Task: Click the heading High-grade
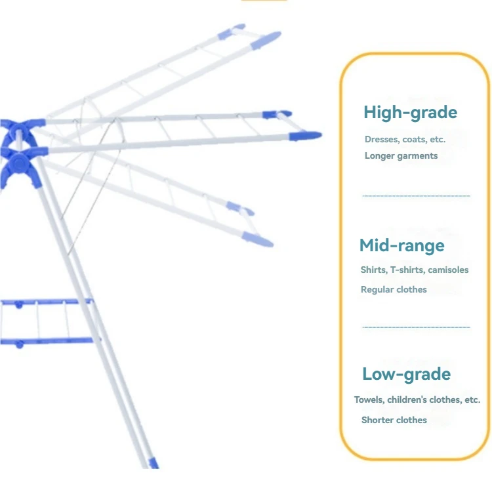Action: point(410,113)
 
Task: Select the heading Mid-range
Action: point(401,246)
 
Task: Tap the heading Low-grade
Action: point(406,375)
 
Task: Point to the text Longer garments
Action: point(401,155)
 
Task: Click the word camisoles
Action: point(448,270)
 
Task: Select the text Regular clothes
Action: point(394,289)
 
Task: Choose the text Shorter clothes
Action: point(394,420)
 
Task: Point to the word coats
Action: point(415,139)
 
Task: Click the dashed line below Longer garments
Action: point(416,195)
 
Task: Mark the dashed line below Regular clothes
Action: point(416,327)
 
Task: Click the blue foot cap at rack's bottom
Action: point(154,463)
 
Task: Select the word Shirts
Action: point(373,270)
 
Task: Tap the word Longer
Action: point(380,155)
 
